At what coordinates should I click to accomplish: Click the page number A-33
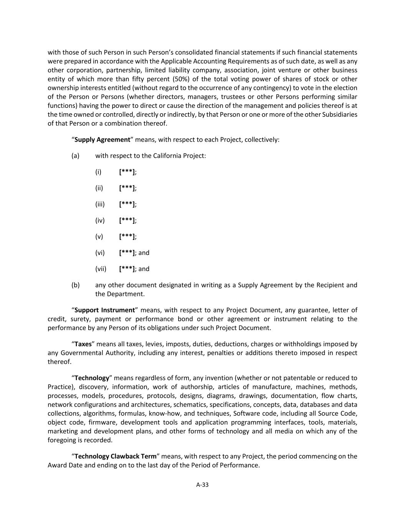click(202, 484)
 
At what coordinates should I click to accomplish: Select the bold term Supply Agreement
click(102, 139)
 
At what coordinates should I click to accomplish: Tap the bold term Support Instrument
click(104, 310)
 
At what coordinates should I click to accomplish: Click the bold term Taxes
click(83, 344)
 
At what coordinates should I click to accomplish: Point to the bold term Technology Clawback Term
click(115, 456)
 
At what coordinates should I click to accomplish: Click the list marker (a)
click(75, 155)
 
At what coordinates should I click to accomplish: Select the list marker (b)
click(75, 285)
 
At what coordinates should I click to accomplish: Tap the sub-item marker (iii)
click(100, 204)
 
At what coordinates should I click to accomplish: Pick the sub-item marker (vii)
click(101, 269)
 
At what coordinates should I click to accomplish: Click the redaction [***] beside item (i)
click(127, 172)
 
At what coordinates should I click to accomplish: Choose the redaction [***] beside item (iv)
click(127, 220)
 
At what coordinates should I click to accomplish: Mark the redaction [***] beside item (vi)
click(127, 253)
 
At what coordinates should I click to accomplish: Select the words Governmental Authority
click(98, 353)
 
